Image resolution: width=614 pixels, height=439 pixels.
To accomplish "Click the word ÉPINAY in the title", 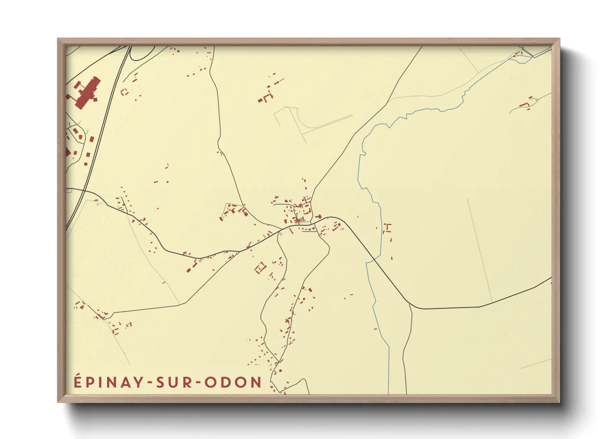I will pos(109,382).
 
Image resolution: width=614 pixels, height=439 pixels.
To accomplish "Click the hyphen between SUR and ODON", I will pos(198,383).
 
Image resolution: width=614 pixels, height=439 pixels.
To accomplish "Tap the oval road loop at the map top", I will pos(141,53).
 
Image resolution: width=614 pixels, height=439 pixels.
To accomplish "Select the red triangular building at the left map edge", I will pos(68,152).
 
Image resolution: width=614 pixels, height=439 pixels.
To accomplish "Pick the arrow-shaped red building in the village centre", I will pos(319,217).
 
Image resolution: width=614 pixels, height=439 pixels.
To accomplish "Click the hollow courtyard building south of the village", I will pos(260,268).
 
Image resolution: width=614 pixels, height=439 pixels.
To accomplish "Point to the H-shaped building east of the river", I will pos(388,228).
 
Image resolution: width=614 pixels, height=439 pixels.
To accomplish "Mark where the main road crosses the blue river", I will pos(373,259).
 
